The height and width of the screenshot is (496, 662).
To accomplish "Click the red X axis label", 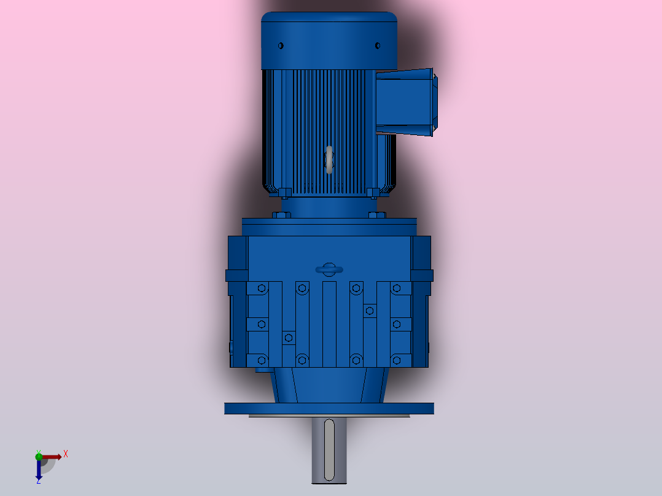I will coord(66,454).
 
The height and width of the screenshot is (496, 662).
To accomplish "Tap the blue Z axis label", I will coord(38,481).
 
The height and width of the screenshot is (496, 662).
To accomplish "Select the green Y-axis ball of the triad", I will coord(39,455).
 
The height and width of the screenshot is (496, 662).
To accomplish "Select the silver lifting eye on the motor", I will coord(329,160).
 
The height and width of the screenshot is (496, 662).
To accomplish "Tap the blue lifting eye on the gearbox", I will coord(329,269).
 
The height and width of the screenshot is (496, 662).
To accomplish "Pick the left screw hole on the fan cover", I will coord(281,45).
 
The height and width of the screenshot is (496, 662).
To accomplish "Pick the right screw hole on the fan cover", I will coord(378,45).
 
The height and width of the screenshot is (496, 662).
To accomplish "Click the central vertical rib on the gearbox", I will coord(330,324).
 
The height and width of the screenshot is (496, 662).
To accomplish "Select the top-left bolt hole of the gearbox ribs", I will coord(262,288).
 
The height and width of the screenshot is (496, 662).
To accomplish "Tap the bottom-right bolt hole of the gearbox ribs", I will coord(397,359).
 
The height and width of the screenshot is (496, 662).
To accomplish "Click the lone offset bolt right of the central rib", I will coord(369,311).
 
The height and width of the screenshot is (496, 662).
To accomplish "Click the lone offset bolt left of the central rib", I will coord(289,338).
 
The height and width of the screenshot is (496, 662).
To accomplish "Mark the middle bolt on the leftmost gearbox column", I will coord(262,324).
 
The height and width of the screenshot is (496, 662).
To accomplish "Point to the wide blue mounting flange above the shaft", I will coord(329,408).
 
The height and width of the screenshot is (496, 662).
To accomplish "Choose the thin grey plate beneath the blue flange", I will coord(329,416).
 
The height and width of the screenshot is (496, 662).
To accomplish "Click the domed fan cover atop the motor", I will coord(329,40).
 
